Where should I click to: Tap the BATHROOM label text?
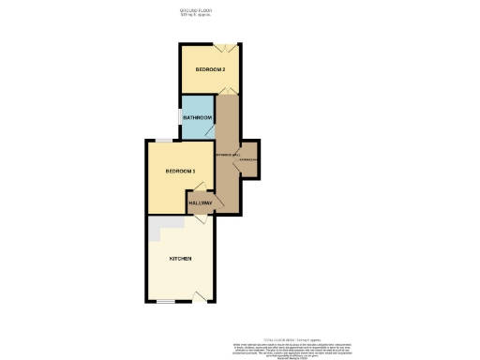pos(198,117)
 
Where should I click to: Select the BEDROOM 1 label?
pos(180,171)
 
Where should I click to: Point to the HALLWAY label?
pos(200,202)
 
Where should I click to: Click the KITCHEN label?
pos(180,258)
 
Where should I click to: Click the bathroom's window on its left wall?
pos(180,117)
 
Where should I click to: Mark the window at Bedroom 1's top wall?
pos(163,140)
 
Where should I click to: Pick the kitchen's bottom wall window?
pos(166,301)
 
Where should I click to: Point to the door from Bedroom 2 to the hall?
pos(226,91)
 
